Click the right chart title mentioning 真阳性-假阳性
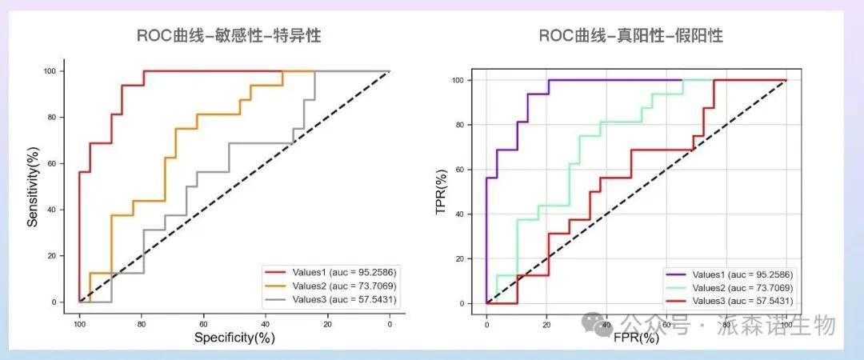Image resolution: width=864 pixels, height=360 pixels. click(630, 36)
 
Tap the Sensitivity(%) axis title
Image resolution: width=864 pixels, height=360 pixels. click(33, 186)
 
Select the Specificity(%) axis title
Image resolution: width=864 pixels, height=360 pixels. click(234, 338)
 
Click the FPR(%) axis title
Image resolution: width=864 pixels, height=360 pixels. click(636, 338)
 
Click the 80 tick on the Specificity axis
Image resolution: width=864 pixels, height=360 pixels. click(142, 323)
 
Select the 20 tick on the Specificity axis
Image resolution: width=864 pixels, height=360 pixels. click(328, 323)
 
